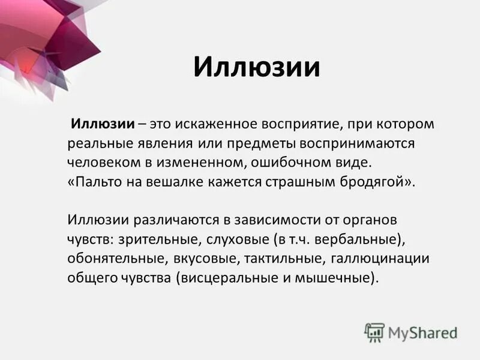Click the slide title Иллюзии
click(x=256, y=67)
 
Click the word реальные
click(x=97, y=145)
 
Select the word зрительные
click(x=149, y=240)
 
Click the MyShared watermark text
click(x=423, y=332)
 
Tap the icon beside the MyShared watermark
click(x=374, y=332)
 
